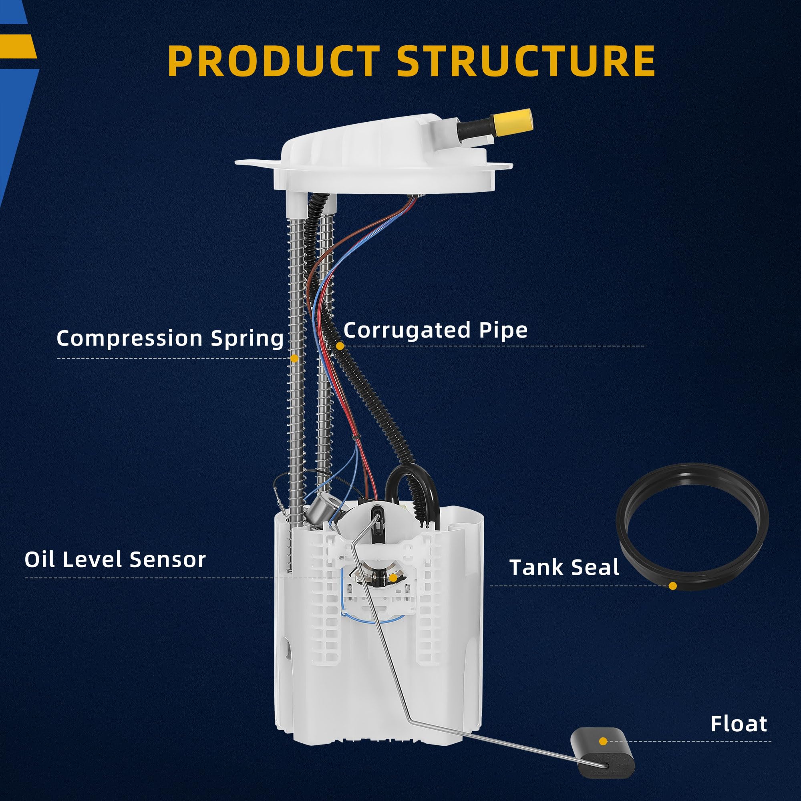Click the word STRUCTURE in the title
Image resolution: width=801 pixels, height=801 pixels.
(x=526, y=61)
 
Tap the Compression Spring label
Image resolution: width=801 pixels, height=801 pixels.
(x=170, y=338)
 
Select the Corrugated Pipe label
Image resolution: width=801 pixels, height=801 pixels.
(x=435, y=330)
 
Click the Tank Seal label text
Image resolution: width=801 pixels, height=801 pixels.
(x=564, y=567)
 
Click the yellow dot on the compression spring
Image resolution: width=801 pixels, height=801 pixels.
(x=294, y=357)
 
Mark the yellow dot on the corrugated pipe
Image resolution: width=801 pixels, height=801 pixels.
(x=340, y=345)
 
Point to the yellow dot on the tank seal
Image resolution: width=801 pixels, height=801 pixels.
(x=672, y=586)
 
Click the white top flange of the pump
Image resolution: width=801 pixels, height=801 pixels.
(x=373, y=166)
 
